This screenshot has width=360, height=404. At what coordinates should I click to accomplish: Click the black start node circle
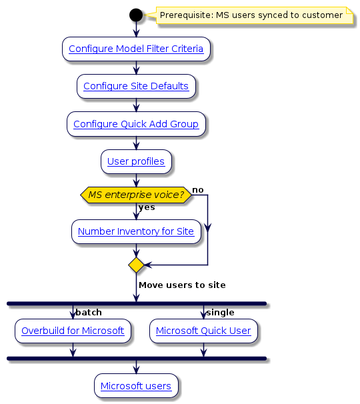[136, 15]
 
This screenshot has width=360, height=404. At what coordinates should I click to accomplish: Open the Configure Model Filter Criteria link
[136, 49]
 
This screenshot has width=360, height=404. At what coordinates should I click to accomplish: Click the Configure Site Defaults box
[136, 86]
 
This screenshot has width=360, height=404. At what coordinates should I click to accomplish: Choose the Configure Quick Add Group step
[136, 124]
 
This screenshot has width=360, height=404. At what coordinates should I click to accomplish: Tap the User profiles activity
[136, 161]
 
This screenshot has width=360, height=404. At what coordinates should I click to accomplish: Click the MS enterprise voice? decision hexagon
[136, 195]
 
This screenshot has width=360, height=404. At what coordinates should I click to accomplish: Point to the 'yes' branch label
[147, 207]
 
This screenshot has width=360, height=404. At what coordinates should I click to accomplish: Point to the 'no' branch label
[198, 190]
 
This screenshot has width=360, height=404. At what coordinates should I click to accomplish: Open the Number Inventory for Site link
[136, 231]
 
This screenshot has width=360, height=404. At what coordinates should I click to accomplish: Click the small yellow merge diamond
[136, 265]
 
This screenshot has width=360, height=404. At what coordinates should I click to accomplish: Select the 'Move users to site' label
[182, 285]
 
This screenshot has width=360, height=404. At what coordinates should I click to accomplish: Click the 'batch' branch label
[89, 312]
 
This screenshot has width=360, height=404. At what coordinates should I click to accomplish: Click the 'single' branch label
[220, 312]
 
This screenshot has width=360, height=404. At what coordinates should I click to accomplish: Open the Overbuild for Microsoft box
[73, 331]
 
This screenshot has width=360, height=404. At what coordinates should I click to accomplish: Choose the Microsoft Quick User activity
[203, 331]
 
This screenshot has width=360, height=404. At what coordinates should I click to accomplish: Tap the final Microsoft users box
[136, 386]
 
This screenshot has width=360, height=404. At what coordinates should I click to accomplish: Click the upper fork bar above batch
[136, 303]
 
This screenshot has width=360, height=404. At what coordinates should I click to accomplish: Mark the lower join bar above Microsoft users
[136, 359]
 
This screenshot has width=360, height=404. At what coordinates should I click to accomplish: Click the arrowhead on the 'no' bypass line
[207, 228]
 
